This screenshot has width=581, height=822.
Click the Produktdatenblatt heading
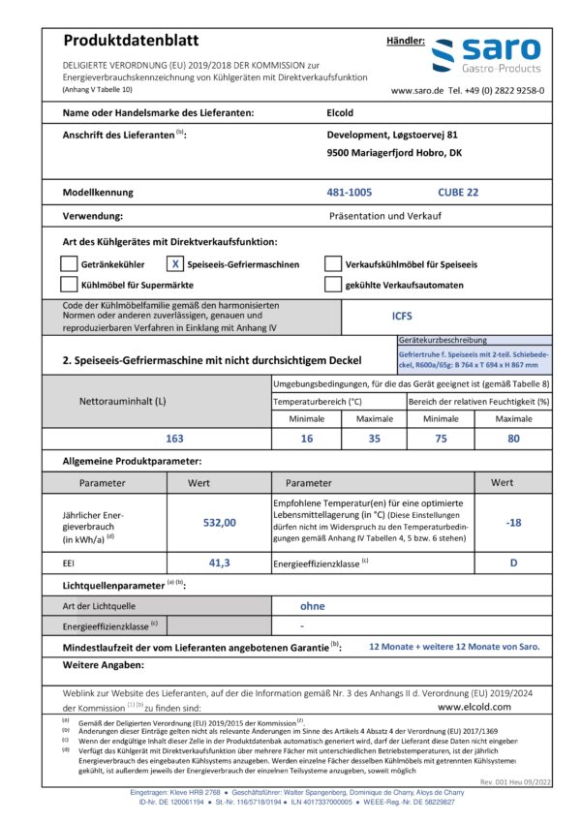click(130, 41)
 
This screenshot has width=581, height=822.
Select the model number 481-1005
click(349, 192)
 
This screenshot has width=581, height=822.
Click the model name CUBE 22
click(457, 192)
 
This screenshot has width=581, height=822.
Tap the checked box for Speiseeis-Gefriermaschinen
click(175, 263)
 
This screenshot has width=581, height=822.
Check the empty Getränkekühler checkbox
click(68, 263)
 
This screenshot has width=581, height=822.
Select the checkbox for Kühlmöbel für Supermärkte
click(68, 285)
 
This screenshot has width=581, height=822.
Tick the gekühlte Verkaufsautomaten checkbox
click(332, 285)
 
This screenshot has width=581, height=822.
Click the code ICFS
click(402, 316)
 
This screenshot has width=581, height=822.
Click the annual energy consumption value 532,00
click(219, 522)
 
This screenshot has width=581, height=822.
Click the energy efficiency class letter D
click(514, 563)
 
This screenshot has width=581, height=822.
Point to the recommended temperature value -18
click(514, 522)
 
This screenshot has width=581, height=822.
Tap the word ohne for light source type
click(313, 605)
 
